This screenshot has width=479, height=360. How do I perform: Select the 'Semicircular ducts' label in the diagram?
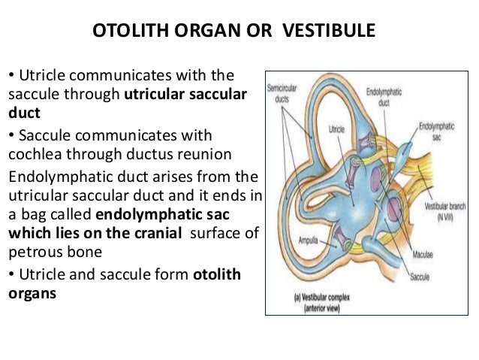coord(282,92)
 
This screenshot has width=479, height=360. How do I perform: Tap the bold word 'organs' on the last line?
coord(32,293)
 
